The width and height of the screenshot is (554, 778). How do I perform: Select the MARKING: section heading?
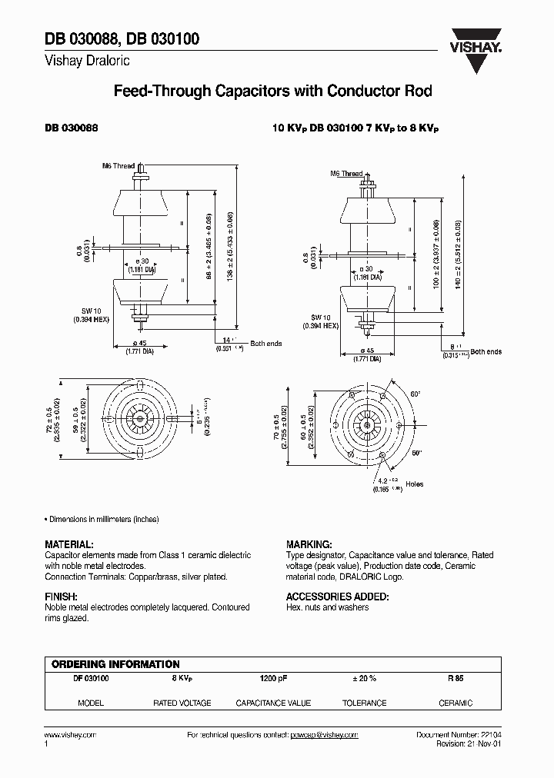309,543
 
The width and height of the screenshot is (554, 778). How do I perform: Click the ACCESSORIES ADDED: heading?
337,596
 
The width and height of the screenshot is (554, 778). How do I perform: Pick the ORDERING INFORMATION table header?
115,663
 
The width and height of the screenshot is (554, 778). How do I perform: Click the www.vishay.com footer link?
70,735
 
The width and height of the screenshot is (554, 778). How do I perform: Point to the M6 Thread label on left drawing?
118,165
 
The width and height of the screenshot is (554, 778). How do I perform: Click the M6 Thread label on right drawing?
346,174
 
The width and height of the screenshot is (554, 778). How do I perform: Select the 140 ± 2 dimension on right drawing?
459,253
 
